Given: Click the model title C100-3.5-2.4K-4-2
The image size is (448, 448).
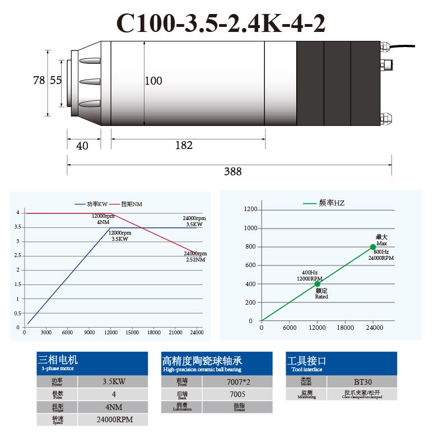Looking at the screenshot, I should point(221,24).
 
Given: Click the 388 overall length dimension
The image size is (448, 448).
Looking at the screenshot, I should point(233,172).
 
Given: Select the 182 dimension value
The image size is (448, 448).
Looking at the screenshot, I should point(184,146).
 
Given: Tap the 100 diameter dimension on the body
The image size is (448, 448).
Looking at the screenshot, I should point(153,81).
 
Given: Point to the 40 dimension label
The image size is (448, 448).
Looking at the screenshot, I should point(82,146).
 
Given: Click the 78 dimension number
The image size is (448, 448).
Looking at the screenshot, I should point(39,81).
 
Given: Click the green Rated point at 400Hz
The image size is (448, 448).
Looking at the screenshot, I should point(317,284).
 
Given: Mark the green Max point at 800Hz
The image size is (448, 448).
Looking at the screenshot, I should point(373,247).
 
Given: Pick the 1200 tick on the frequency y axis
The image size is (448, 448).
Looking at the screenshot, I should point(250,209).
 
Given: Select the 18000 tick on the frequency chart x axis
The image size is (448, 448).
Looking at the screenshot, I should point(346,328).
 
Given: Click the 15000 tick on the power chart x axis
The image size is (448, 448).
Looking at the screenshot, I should point(132,333).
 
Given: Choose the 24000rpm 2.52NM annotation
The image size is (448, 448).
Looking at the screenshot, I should point(195,256).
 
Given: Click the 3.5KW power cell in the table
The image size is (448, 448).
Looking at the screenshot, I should point(113,382).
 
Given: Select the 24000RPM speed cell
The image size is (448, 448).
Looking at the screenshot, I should point(113,419).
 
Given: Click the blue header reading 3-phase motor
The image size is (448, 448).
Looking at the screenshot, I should point(92,363).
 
